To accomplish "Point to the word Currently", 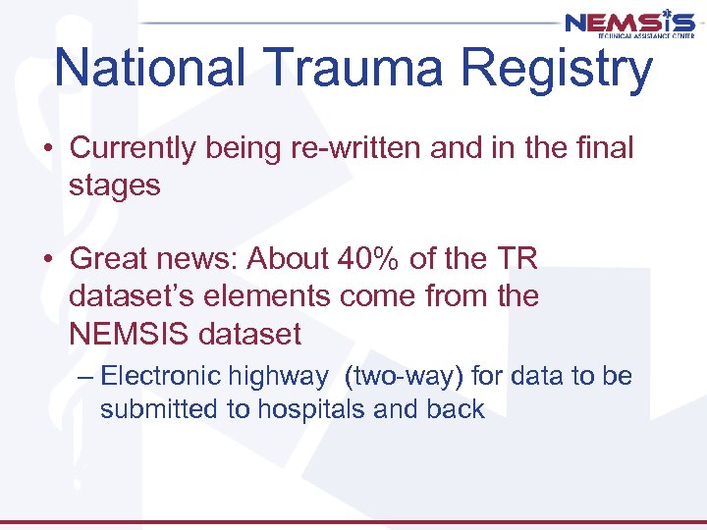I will tap(136, 148).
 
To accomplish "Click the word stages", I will tap(114, 185).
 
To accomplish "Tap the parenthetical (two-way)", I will tap(405, 377).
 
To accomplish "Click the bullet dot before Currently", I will tap(48, 149).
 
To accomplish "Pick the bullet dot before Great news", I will tap(48, 259).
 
